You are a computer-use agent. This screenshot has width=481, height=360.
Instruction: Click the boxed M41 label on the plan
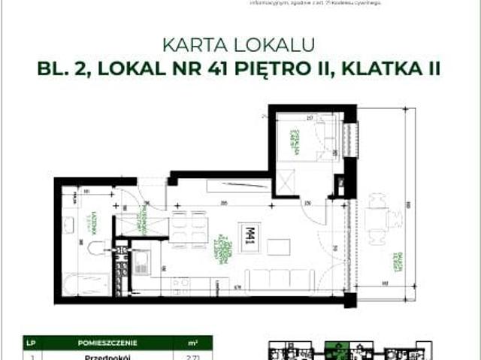(247, 234)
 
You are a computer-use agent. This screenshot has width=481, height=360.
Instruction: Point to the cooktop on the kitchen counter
(180, 283)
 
